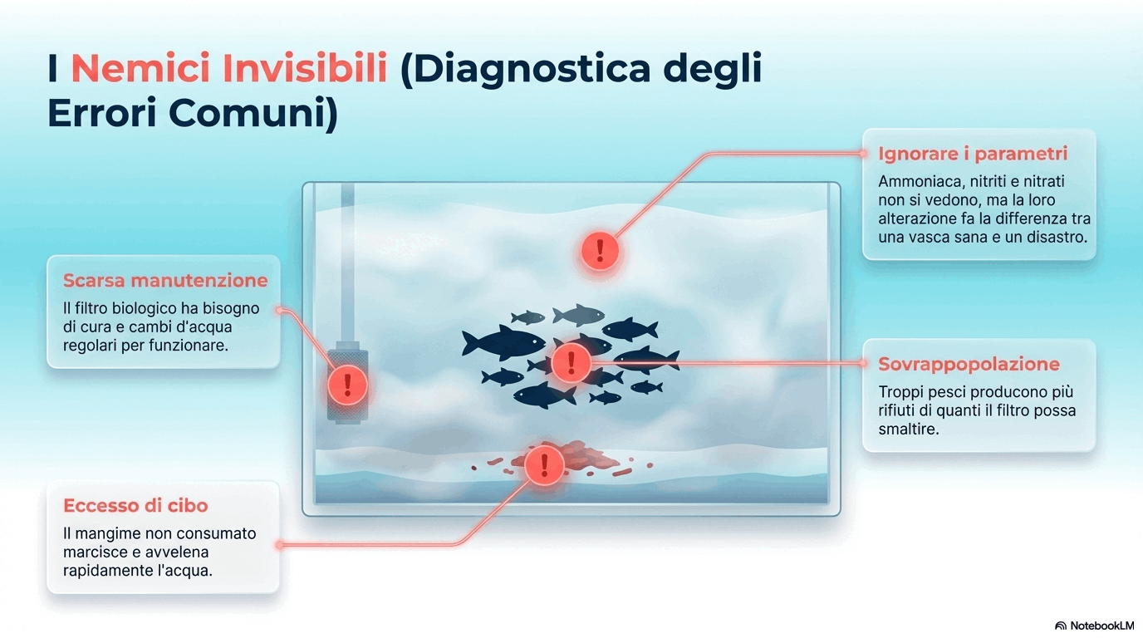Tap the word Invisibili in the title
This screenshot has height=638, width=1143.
click(x=305, y=67)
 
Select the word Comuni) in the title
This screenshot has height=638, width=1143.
click(x=253, y=113)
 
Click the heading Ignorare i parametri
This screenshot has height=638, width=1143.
click(x=973, y=154)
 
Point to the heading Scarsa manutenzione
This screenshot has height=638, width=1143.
click(x=165, y=280)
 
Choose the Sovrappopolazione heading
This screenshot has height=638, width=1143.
click(x=969, y=365)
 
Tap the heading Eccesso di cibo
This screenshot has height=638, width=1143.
click(x=135, y=505)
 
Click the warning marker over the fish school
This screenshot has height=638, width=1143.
click(x=571, y=363)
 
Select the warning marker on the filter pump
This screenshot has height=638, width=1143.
click(x=347, y=385)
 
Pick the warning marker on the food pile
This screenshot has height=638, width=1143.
click(x=544, y=465)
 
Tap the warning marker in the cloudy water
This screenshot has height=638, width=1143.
click(x=600, y=251)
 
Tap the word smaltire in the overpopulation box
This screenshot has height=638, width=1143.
click(x=909, y=429)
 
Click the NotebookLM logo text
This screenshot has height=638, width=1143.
click(x=1101, y=626)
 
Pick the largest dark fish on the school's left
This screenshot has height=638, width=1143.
click(x=503, y=342)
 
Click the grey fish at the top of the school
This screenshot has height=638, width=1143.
click(x=579, y=315)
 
